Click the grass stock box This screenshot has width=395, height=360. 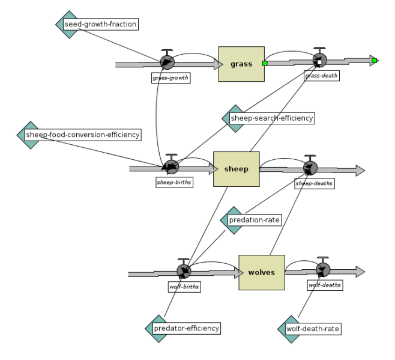pyautogui.click(x=241, y=64)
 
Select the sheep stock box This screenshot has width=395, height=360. pyautogui.click(x=237, y=169)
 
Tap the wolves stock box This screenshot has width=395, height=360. pyautogui.click(x=262, y=272)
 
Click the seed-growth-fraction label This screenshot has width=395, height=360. pyautogui.click(x=100, y=24)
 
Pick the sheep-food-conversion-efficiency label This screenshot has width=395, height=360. pyautogui.click(x=83, y=135)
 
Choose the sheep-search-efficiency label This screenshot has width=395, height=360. pyautogui.click(x=272, y=118)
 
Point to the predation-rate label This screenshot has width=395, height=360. pyautogui.click(x=255, y=220)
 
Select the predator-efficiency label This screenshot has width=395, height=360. pyautogui.click(x=187, y=328)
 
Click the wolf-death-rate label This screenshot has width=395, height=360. pyautogui.click(x=313, y=329)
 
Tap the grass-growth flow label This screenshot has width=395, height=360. pyautogui.click(x=171, y=78)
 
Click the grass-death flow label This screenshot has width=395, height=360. pyautogui.click(x=322, y=76)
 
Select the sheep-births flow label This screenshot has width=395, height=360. pyautogui.click(x=174, y=182)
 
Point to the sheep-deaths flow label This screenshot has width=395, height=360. pyautogui.click(x=315, y=183)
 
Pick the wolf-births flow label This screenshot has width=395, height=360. pyautogui.click(x=184, y=287)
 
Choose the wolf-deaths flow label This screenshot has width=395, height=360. pyautogui.click(x=325, y=285)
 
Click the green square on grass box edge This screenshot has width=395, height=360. pyautogui.click(x=265, y=63)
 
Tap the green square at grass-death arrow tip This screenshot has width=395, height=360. pyautogui.click(x=375, y=61)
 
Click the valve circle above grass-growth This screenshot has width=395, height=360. pyautogui.click(x=167, y=62)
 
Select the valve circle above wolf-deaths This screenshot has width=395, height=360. pyautogui.click(x=323, y=270)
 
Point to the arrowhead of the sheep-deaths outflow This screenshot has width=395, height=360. pyautogui.click(x=360, y=171)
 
